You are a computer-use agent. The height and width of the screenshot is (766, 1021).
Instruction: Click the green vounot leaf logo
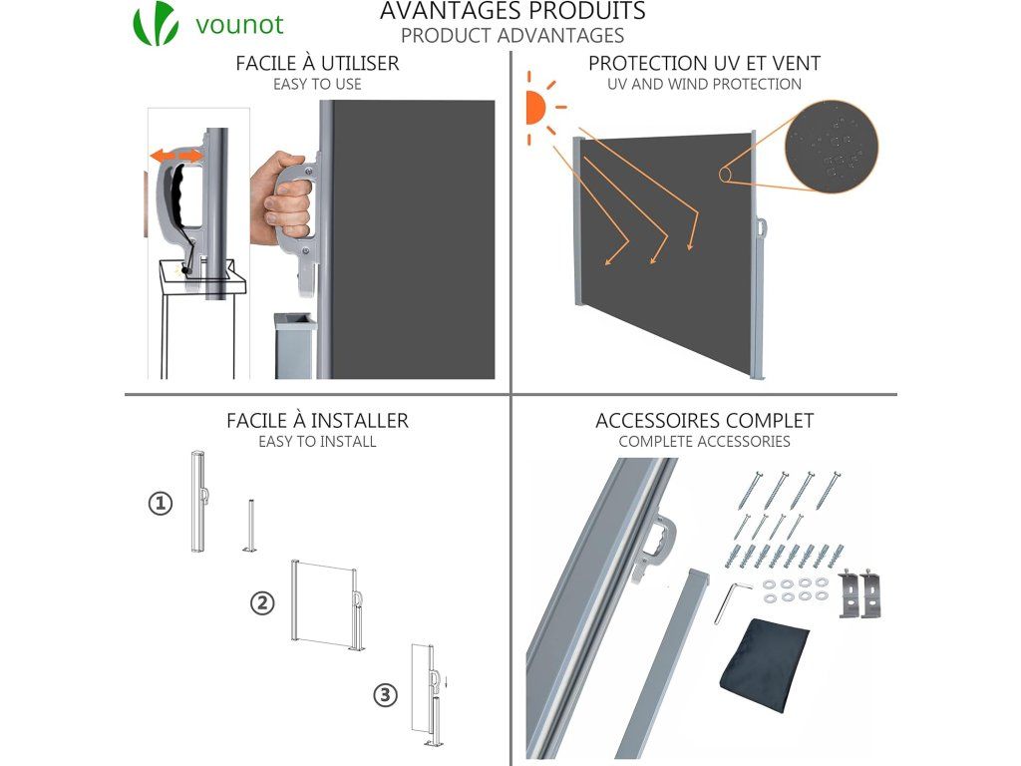click(x=157, y=24)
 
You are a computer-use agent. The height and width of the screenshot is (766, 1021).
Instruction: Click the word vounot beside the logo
click(x=239, y=25)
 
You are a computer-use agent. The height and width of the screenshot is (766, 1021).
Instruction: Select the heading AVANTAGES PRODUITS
click(x=512, y=12)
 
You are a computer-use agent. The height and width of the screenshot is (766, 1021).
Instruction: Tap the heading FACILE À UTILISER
click(x=317, y=63)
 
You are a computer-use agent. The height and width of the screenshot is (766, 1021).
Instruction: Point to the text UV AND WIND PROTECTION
click(x=704, y=84)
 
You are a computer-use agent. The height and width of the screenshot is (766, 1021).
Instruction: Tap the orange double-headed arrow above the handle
click(x=176, y=156)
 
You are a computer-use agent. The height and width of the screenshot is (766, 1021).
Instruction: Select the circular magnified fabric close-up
click(x=831, y=146)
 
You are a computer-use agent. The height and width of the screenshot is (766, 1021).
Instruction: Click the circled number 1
click(x=161, y=504)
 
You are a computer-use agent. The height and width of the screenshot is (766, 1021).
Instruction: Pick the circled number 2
click(x=261, y=602)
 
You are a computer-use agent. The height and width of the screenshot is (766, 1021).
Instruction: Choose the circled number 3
click(x=386, y=695)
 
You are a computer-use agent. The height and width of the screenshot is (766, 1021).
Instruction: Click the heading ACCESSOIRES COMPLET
click(x=704, y=421)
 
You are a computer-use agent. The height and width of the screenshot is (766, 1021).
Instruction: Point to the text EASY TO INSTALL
click(x=317, y=441)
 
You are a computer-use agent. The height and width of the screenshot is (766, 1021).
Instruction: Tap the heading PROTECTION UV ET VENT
click(x=704, y=63)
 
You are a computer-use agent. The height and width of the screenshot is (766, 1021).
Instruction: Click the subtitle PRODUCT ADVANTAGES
click(x=512, y=36)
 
